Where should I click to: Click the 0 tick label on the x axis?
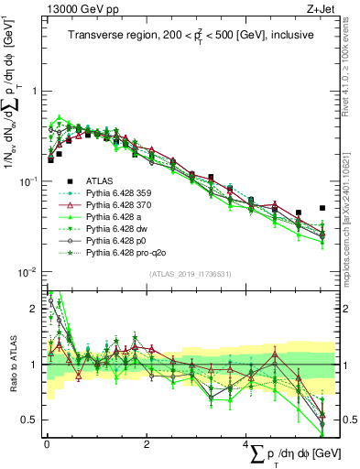pos(47,443)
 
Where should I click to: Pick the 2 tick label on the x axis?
pos(147,443)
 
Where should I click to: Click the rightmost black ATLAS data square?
pos(322,208)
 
